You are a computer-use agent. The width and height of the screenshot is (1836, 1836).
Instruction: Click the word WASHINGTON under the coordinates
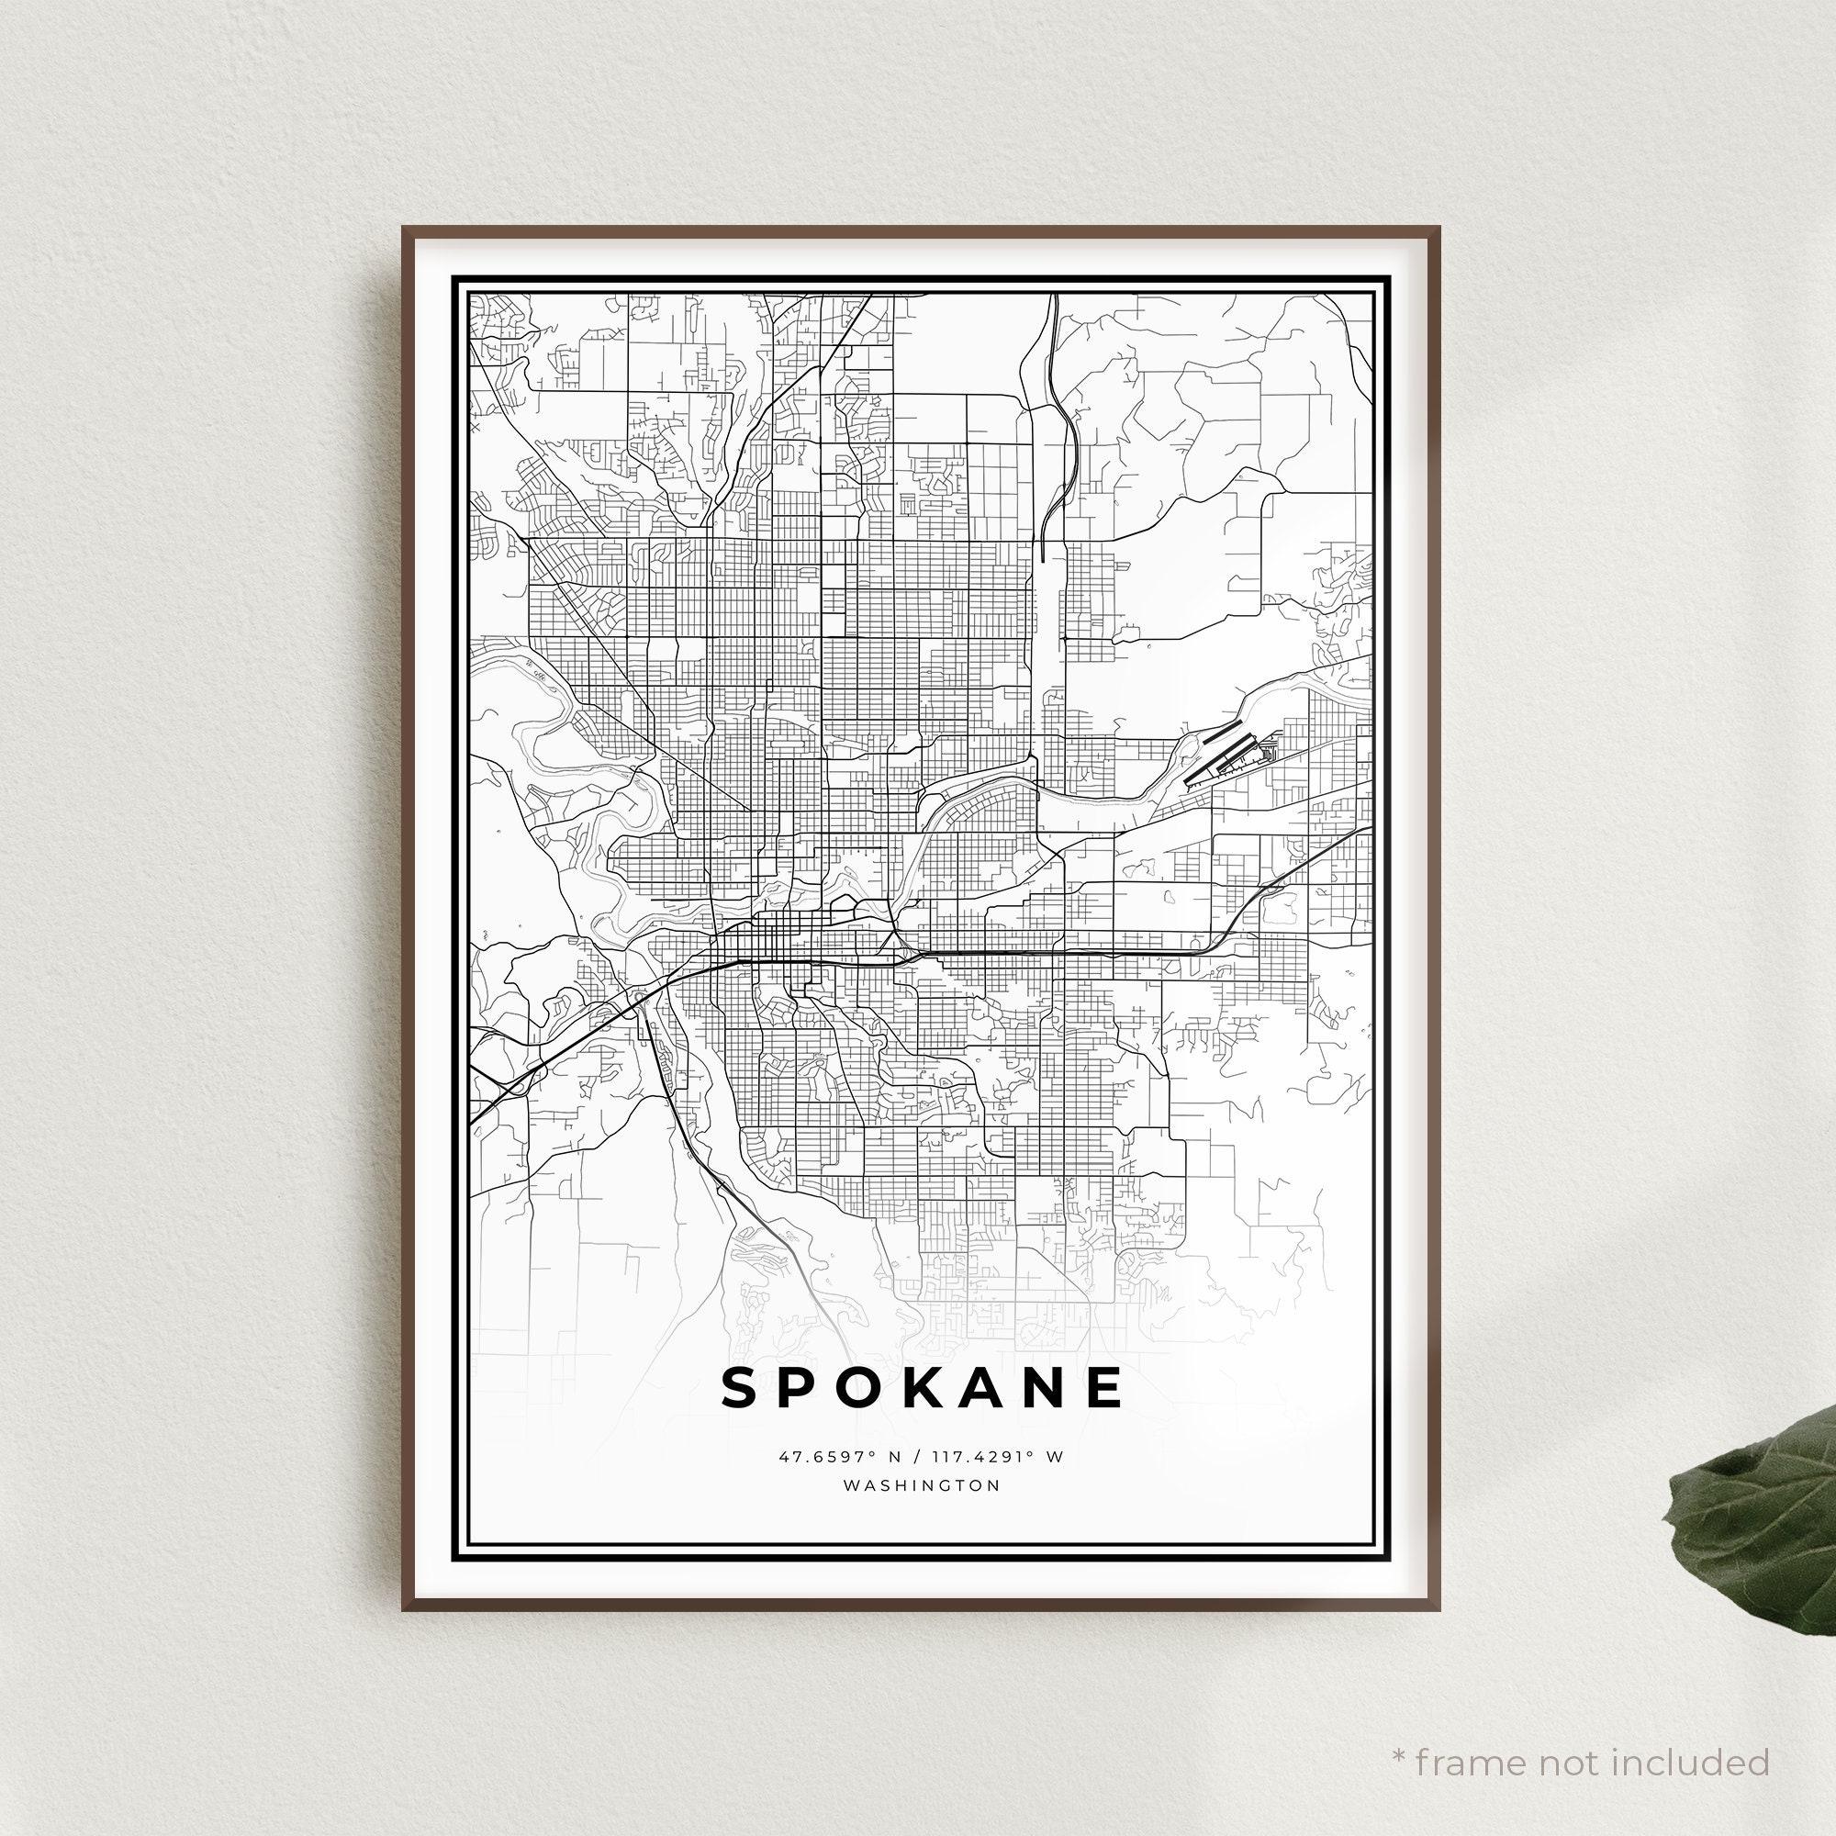[922, 1485]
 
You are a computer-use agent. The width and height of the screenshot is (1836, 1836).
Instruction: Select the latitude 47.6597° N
[837, 1456]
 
